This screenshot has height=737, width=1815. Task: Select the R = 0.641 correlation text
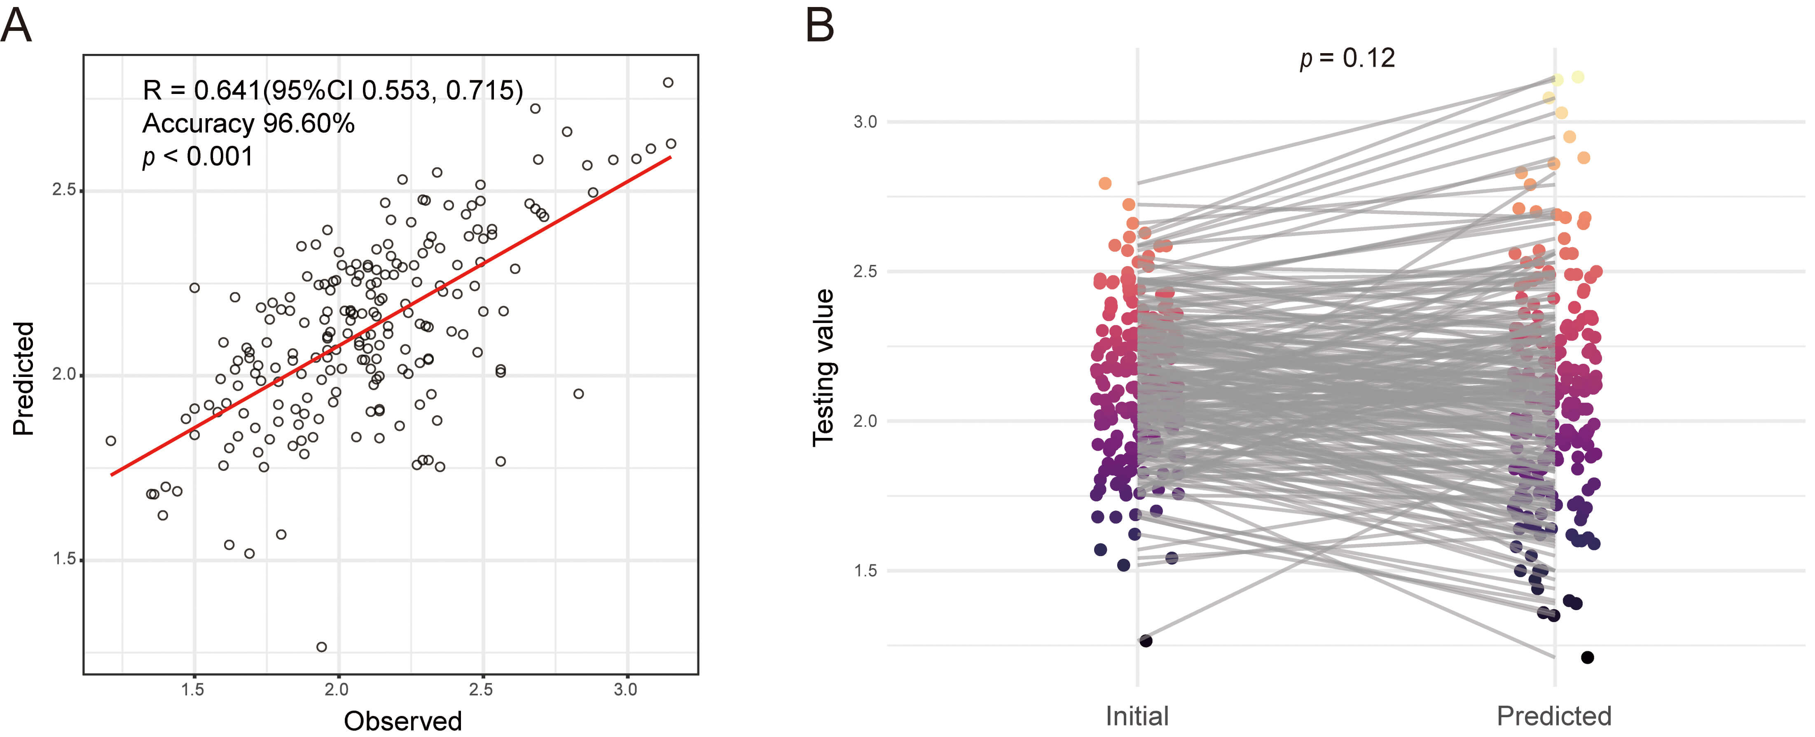pos(332,90)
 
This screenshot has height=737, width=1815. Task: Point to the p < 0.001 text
pos(198,156)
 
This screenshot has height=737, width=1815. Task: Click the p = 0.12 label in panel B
pos(1347,58)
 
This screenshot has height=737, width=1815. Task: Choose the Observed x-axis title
pos(402,721)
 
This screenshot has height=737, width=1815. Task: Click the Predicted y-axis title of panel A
pos(23,378)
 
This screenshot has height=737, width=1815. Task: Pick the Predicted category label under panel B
pos(1553,716)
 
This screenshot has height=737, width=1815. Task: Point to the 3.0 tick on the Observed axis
pos(625,690)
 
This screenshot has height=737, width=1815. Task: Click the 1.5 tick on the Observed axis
pos(193,690)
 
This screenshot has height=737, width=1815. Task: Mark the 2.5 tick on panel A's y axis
pos(64,190)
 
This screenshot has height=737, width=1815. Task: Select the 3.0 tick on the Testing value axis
pos(865,122)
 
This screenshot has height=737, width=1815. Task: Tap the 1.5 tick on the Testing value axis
pos(865,570)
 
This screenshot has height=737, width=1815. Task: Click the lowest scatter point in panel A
pos(321,647)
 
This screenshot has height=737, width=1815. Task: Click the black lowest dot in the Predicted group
pos(1588,657)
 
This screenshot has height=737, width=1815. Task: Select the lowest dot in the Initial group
pos(1146,641)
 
